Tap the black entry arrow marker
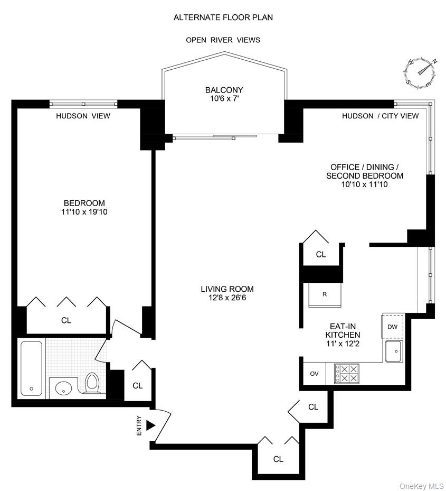click(x=150, y=424)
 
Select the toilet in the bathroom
click(x=92, y=383)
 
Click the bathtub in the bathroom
click(x=32, y=368)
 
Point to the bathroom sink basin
click(x=63, y=387)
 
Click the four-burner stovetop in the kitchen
click(x=347, y=373)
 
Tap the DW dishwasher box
click(x=392, y=327)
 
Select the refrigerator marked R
click(x=325, y=294)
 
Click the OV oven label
click(x=315, y=374)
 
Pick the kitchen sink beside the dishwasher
click(x=393, y=351)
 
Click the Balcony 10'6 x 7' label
click(x=224, y=94)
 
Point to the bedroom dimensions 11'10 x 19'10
click(x=84, y=212)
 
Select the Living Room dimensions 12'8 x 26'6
click(x=227, y=298)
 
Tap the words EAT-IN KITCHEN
click(x=343, y=331)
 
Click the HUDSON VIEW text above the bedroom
click(x=83, y=116)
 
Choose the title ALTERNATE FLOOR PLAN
click(x=223, y=17)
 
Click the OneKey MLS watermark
click(x=421, y=486)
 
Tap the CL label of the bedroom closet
click(x=66, y=320)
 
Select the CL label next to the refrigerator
click(x=321, y=254)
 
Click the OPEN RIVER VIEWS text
click(x=223, y=40)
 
